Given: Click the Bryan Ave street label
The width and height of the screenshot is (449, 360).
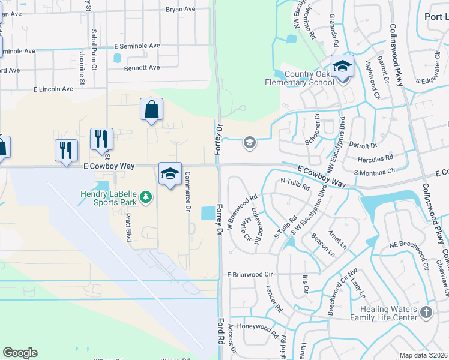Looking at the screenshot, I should click(181, 10).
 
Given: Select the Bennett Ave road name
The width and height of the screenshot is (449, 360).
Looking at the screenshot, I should click(142, 68).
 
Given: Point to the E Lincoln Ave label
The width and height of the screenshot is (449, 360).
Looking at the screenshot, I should click(53, 89).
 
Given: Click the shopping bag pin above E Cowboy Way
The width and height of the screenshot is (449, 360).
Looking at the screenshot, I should click(151, 110).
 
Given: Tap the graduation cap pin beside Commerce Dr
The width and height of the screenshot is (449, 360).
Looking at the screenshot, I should click(170, 174).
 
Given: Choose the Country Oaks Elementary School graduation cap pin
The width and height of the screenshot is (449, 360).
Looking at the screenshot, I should click(342, 67).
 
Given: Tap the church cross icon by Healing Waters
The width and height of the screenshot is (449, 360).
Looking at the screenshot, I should click(426, 312).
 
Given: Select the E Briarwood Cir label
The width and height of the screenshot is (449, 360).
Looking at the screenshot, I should click(250, 274).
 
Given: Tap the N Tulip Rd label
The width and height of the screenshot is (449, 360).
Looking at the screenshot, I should click(295, 184).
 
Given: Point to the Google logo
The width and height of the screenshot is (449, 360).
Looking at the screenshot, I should click(20, 353).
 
